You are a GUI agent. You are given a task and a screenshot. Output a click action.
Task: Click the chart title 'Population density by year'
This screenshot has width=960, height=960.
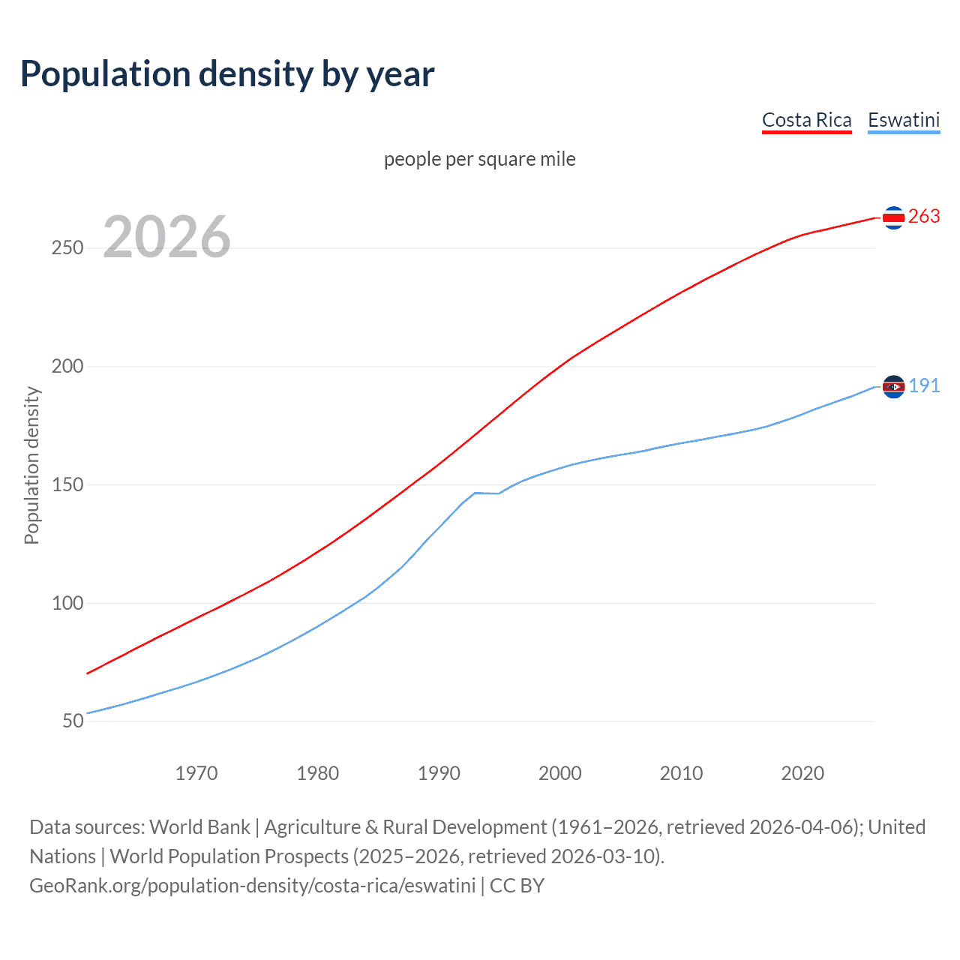click(227, 74)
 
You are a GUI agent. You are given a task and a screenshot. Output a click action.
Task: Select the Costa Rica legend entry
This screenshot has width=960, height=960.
click(806, 120)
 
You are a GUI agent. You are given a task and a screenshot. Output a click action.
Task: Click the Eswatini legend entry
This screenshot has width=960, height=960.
click(904, 120)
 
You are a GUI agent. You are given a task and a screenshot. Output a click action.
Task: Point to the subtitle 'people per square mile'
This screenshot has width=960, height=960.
click(480, 159)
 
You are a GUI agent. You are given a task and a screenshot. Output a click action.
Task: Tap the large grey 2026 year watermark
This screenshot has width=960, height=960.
click(166, 237)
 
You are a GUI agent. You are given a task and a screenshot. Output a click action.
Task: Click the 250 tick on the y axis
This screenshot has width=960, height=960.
click(67, 248)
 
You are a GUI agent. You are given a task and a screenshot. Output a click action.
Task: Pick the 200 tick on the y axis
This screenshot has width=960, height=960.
click(67, 367)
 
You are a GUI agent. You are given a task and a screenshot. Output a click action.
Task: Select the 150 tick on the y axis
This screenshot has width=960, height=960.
click(67, 485)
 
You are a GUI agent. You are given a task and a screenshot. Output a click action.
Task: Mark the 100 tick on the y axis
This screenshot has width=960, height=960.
click(67, 603)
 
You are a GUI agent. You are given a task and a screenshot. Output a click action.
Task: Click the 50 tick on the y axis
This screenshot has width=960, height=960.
click(73, 721)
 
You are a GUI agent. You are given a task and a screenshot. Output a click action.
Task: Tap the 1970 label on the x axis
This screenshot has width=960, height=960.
click(196, 773)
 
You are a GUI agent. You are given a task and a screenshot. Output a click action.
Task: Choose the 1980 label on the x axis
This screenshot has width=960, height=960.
click(318, 773)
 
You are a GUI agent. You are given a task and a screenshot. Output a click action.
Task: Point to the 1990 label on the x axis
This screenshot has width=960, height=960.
click(439, 773)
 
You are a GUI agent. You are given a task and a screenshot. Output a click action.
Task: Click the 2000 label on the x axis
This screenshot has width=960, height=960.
click(560, 773)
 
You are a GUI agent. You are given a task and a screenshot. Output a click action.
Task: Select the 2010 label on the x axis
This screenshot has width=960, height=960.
click(681, 773)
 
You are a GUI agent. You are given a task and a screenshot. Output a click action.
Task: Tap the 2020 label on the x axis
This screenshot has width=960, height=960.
click(802, 773)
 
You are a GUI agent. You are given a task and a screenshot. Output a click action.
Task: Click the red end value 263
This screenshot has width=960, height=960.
click(924, 217)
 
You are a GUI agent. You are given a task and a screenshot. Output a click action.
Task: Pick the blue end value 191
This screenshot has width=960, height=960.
click(924, 386)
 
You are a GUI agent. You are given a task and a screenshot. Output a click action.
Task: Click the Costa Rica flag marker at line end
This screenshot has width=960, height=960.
click(893, 217)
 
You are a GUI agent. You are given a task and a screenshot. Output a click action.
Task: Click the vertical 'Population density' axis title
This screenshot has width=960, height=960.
click(31, 465)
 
